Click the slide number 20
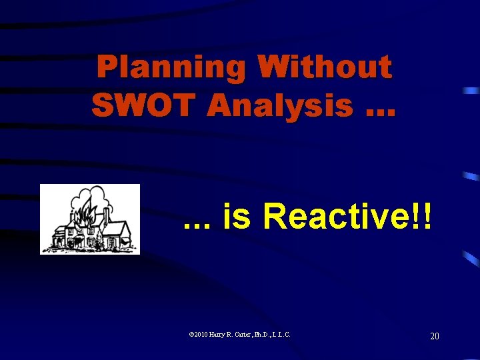click(434, 336)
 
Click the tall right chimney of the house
click(107, 215)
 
